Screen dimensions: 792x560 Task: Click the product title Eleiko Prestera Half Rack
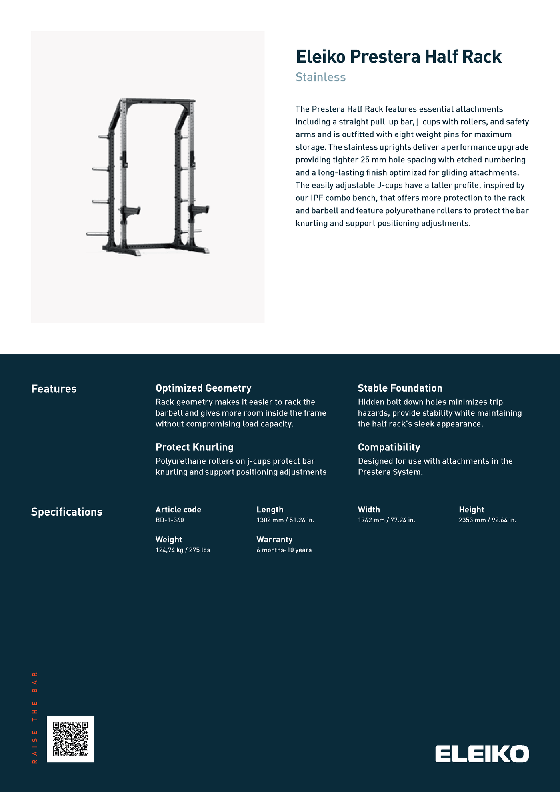[x=398, y=57]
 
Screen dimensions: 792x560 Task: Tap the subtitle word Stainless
[x=320, y=77]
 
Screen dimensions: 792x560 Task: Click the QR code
[x=70, y=739]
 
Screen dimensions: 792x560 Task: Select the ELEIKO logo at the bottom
[x=482, y=754]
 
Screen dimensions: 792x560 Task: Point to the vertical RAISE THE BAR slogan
[x=35, y=718]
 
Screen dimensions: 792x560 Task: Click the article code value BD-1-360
[x=170, y=520]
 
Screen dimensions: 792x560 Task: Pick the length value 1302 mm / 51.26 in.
[x=285, y=520]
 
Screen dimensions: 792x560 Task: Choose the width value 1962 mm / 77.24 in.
[x=386, y=520]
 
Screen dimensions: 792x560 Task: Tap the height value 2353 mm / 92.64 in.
[x=487, y=520]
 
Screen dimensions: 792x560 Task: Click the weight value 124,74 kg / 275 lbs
[x=183, y=550]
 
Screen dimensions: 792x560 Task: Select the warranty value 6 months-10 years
[x=284, y=550]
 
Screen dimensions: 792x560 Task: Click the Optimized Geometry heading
[x=203, y=388]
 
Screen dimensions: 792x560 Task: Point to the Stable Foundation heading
[x=400, y=388]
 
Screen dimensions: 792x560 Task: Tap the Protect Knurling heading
[x=194, y=447]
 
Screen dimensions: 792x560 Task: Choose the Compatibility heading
[x=389, y=447]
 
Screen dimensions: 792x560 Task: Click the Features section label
[x=54, y=389]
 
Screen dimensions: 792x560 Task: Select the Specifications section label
[x=67, y=512]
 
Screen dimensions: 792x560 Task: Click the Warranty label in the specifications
[x=274, y=540]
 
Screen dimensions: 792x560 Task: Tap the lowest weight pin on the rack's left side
[x=96, y=234]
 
